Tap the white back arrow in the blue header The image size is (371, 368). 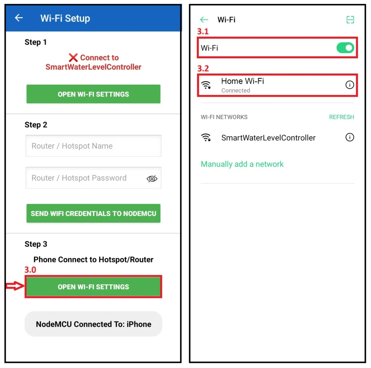coord(19,18)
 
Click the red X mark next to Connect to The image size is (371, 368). coord(73,58)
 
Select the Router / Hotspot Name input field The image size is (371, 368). coord(93,146)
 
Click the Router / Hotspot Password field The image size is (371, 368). coord(93,178)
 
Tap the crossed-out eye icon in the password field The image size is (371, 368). coord(152,179)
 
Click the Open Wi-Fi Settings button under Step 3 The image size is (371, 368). coord(93,287)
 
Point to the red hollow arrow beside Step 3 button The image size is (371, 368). coord(15,286)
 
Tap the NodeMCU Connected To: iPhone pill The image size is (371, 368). coord(93,324)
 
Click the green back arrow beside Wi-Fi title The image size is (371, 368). coord(204,20)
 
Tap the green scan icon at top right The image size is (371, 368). coord(350,20)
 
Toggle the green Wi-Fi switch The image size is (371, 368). coord(345,48)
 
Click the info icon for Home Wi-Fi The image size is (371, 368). coord(350,85)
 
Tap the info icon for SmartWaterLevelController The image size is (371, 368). coord(350,137)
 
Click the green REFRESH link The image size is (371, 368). coord(341,117)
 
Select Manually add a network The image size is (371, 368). coord(242,164)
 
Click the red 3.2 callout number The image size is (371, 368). coord(203,68)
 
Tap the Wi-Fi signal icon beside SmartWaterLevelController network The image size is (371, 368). coord(206,137)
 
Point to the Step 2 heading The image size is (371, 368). coord(36,125)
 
